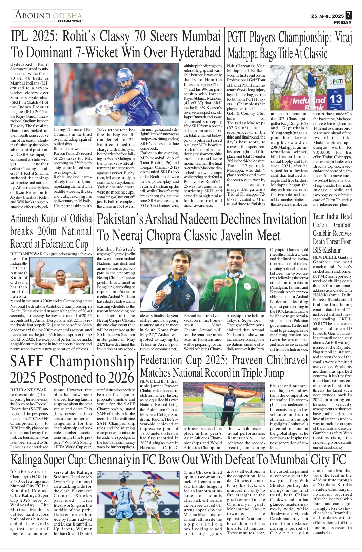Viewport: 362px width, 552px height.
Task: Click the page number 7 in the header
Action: click(349, 15)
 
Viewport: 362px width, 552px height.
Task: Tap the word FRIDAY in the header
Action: click(343, 22)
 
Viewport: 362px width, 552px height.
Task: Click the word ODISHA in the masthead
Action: click(67, 16)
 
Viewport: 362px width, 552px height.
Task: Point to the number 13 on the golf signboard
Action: click(336, 99)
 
